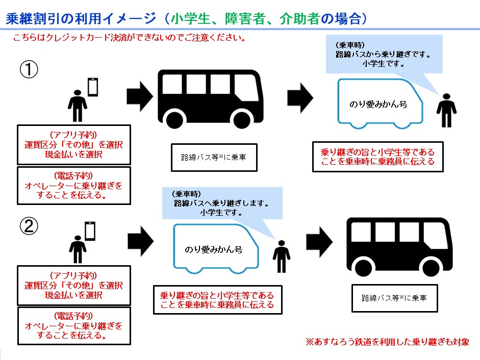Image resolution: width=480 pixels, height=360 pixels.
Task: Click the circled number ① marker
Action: point(29,70)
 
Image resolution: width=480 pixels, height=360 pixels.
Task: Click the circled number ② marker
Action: point(29,226)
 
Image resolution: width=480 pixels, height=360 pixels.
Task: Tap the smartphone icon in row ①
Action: point(92,87)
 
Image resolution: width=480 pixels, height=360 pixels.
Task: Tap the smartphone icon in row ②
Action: point(90,230)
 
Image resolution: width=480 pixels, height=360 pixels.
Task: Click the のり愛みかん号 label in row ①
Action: point(378,104)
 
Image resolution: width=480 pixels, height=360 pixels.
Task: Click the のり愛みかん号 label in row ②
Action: point(213,250)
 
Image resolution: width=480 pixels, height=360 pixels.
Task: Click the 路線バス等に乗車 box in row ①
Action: point(213,158)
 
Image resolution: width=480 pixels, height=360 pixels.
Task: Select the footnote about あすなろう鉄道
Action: point(387,342)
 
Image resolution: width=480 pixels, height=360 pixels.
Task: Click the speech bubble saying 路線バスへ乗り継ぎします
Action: point(221,203)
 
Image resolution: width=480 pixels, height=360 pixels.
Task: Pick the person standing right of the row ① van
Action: point(446,110)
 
